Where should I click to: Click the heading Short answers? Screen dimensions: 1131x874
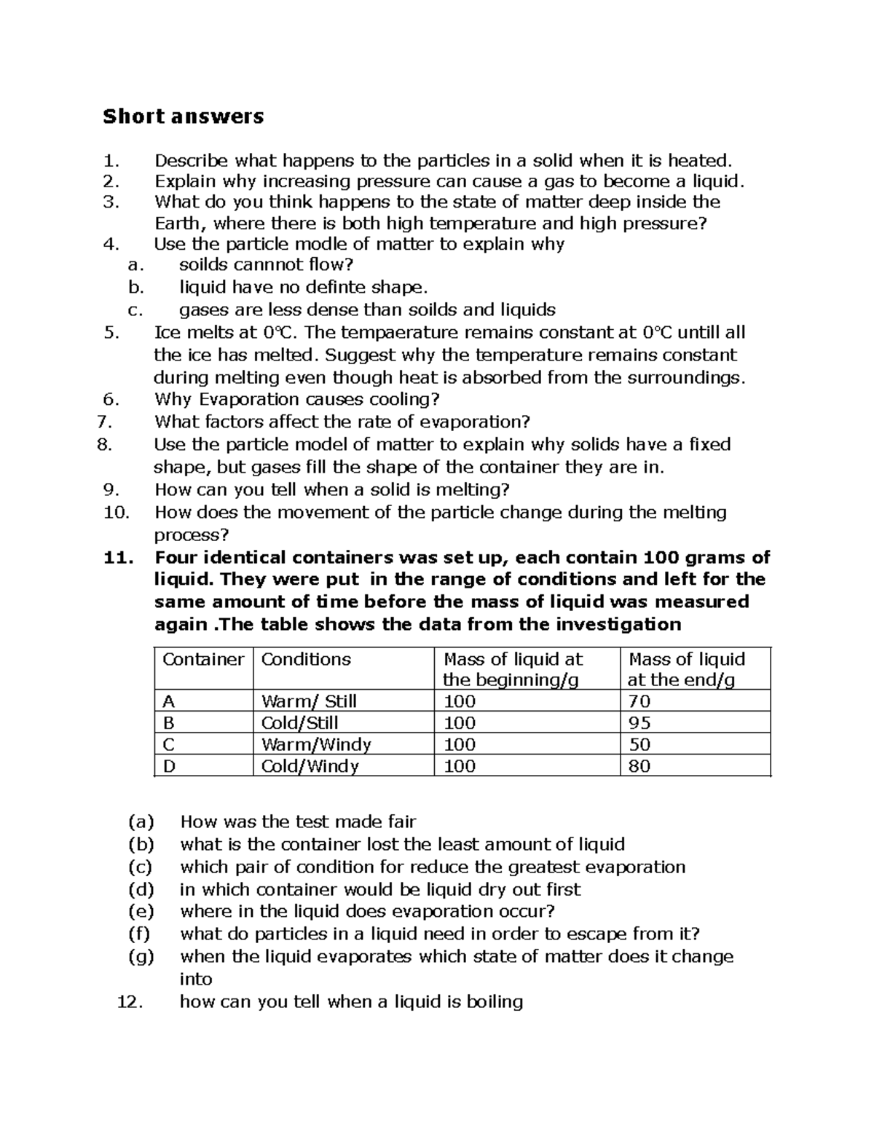tap(183, 116)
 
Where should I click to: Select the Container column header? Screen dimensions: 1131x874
tap(202, 659)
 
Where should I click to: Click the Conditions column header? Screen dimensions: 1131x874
tap(305, 659)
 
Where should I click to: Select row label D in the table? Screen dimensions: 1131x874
tap(169, 766)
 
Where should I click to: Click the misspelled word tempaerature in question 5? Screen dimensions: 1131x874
tap(416, 333)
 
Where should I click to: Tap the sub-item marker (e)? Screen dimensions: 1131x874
tap(141, 911)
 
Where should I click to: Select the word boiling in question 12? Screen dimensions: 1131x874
tap(494, 1001)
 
